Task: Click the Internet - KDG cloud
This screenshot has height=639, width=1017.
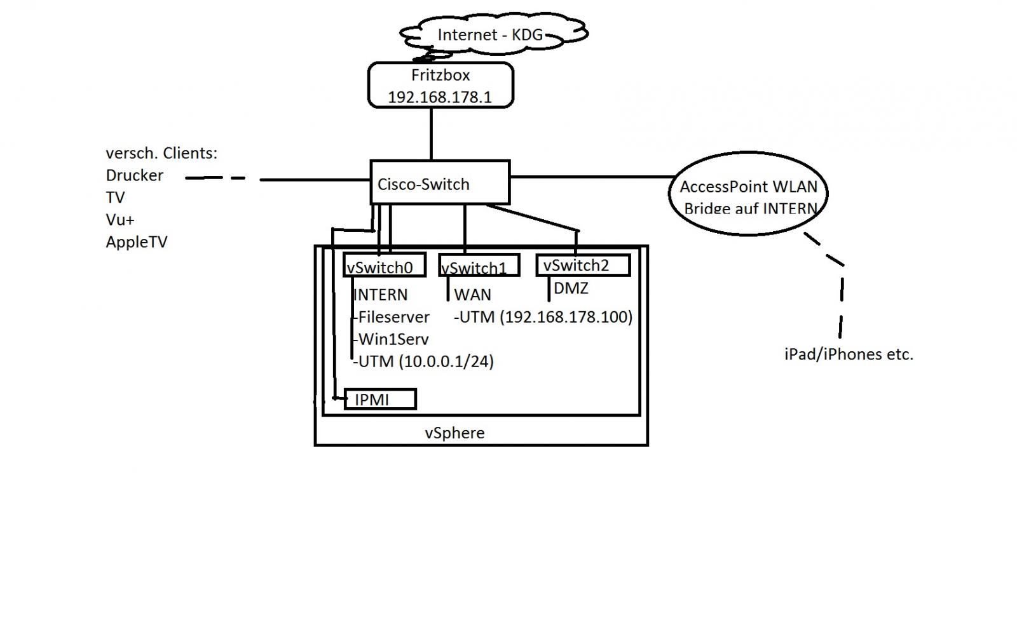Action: (490, 34)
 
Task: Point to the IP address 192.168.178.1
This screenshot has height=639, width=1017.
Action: (440, 97)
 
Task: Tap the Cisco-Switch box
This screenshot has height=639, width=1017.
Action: (440, 183)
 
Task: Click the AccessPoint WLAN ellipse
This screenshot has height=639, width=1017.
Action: (748, 193)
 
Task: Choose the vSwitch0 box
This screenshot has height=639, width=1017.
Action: (384, 266)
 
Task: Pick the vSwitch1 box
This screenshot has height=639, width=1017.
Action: (479, 266)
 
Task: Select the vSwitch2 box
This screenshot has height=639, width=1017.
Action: (583, 265)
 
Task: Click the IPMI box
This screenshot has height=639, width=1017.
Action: (379, 400)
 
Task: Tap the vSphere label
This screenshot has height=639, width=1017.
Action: (454, 433)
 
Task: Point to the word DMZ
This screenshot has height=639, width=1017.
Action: (571, 288)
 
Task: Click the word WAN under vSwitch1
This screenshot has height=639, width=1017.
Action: (472, 295)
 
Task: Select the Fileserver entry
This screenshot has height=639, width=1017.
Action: (393, 317)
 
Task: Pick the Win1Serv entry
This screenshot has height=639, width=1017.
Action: (393, 339)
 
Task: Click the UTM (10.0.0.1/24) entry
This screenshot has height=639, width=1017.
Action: (425, 361)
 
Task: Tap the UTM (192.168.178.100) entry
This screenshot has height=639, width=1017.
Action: (544, 317)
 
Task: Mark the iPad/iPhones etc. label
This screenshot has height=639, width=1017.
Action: (849, 354)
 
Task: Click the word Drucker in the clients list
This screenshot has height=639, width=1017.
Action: (134, 175)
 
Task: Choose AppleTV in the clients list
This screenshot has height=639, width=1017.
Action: (136, 242)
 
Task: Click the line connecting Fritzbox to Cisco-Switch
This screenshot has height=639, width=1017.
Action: (432, 133)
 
